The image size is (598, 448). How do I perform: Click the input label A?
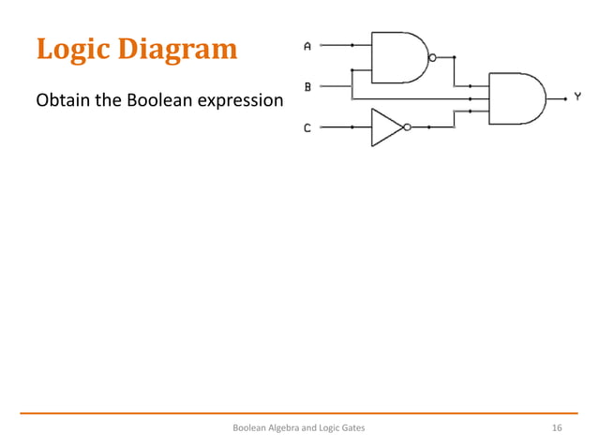307,45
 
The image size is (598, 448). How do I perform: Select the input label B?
307,86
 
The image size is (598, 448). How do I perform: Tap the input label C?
307,127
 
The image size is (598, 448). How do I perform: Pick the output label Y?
577,97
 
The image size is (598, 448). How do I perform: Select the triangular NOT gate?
385,127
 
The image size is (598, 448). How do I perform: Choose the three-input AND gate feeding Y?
515,97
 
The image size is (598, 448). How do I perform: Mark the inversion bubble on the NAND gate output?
432,57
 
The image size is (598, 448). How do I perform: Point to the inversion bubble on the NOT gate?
408,127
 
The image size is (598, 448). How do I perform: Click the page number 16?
557,428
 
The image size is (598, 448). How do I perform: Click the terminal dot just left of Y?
564,97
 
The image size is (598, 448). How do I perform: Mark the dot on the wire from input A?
352,44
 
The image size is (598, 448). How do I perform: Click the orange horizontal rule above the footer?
299,412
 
